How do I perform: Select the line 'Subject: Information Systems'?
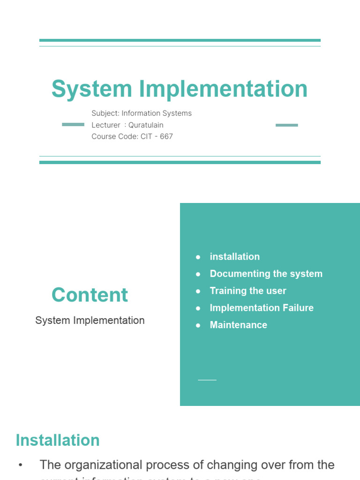point(142,113)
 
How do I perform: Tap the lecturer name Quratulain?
point(146,125)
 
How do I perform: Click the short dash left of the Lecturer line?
point(73,125)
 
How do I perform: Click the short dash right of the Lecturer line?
point(287,125)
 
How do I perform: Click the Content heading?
point(90,295)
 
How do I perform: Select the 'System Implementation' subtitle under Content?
point(90,321)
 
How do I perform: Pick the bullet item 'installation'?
point(234,256)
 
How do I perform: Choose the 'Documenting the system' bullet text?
point(266,274)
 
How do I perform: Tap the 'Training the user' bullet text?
point(247,291)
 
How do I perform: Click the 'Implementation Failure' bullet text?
point(262,308)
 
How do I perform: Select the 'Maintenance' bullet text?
point(238,325)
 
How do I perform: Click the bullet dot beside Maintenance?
point(198,325)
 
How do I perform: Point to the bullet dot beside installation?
point(198,257)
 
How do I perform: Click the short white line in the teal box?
point(207,380)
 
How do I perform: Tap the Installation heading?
point(58,440)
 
